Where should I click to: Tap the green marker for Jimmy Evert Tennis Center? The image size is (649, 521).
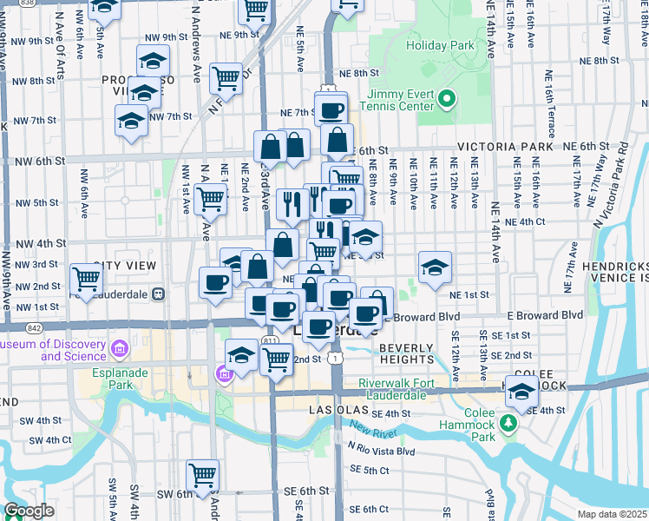pos(447,98)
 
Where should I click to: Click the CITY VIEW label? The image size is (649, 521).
pos(125,265)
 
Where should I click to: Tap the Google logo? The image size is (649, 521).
pos(29,511)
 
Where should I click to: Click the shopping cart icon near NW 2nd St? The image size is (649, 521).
pos(87,278)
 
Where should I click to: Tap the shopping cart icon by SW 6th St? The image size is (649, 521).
pos(202,474)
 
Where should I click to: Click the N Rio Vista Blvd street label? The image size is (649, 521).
pos(381,452)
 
